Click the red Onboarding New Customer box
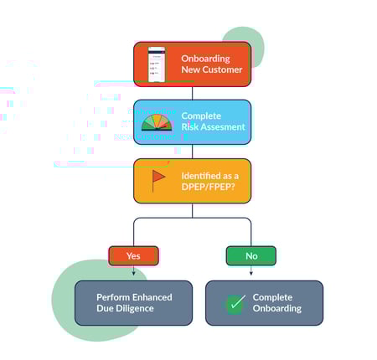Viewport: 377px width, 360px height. coord(192,64)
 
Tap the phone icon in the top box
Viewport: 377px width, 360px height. coord(156,64)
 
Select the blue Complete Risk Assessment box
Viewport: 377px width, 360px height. coord(192,122)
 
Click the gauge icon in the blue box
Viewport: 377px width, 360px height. coord(157,122)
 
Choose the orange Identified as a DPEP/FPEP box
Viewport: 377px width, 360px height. coord(192,180)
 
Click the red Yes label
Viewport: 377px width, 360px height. coord(133,255)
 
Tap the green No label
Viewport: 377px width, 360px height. coord(250,255)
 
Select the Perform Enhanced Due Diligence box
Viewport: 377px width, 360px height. coord(133,302)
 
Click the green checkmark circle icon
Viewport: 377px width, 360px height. coord(235,303)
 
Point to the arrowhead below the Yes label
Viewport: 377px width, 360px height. coord(133,272)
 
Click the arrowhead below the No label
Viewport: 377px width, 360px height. coord(250,272)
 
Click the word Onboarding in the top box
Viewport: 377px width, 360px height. coord(205,59)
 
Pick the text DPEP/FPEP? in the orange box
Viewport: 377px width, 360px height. coord(206,187)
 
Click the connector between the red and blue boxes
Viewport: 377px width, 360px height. coord(192,93)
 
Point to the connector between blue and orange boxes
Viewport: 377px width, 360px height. coord(192,152)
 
